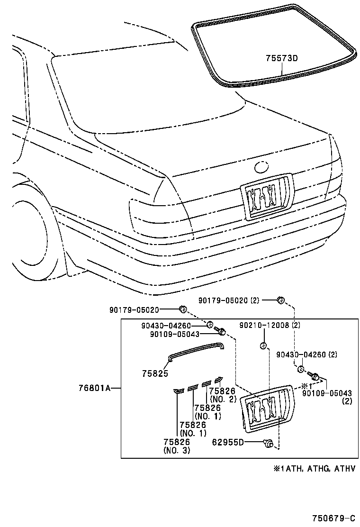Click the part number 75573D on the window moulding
[281, 58]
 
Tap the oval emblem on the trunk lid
[261, 167]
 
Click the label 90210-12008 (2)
[270, 326]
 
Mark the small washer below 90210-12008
[263, 345]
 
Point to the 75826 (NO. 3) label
[177, 446]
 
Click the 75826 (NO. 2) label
[222, 394]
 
